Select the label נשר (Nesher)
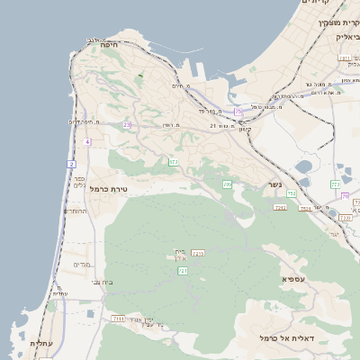pyautogui.click(x=274, y=184)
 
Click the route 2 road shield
pyautogui.click(x=71, y=164)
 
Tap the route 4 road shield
pyautogui.click(x=87, y=142)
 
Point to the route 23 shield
pyautogui.click(x=127, y=125)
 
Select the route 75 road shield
pyautogui.click(x=238, y=111)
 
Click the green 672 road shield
pyautogui.click(x=173, y=162)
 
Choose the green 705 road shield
pyautogui.click(x=227, y=184)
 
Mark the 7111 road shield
pyautogui.click(x=119, y=319)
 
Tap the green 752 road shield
pyautogui.click(x=291, y=193)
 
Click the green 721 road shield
pyautogui.click(x=183, y=270)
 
